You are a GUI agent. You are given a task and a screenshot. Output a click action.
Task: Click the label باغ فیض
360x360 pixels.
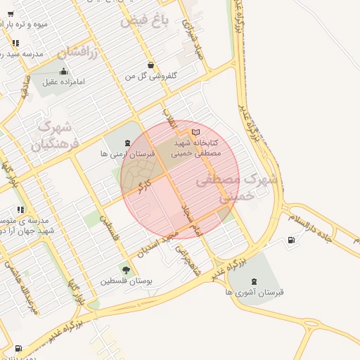[x=145, y=21]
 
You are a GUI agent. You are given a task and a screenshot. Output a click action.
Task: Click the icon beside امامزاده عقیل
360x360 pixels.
[x=64, y=71]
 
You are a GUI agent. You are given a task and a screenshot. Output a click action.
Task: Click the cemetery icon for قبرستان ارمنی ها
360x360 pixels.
[x=127, y=143]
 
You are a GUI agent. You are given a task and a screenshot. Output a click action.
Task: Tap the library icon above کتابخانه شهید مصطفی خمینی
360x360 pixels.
[x=195, y=131]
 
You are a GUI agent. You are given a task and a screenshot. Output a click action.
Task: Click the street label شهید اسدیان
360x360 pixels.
[x=150, y=249]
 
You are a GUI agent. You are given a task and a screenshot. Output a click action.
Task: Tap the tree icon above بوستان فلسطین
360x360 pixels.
[x=126, y=270]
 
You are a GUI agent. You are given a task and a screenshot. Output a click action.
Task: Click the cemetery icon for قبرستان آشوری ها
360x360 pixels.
[x=254, y=281]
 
